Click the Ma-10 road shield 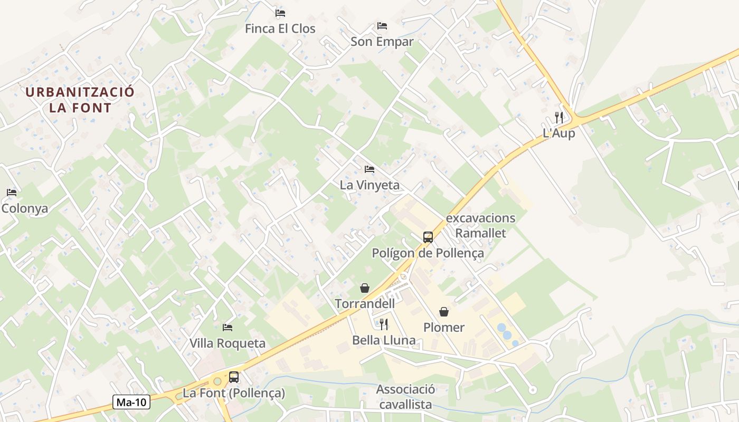[x=131, y=402]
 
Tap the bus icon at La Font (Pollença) [x=234, y=377]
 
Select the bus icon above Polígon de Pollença [x=428, y=237]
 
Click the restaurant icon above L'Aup [x=559, y=117]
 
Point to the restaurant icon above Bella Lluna [x=384, y=324]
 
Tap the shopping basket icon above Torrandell [x=364, y=287]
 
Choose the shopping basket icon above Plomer [x=444, y=312]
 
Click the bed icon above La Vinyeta [x=369, y=169]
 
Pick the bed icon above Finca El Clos [x=280, y=13]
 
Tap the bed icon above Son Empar [x=382, y=25]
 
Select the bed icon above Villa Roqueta [x=228, y=327]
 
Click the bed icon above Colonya [x=12, y=192]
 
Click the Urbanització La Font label [x=80, y=100]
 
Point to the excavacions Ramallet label [x=480, y=225]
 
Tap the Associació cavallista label [x=405, y=397]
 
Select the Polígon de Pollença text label [x=428, y=253]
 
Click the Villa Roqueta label [x=228, y=343]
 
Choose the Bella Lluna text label [x=384, y=340]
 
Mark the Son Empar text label [x=382, y=42]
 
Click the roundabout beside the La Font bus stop [x=217, y=381]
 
